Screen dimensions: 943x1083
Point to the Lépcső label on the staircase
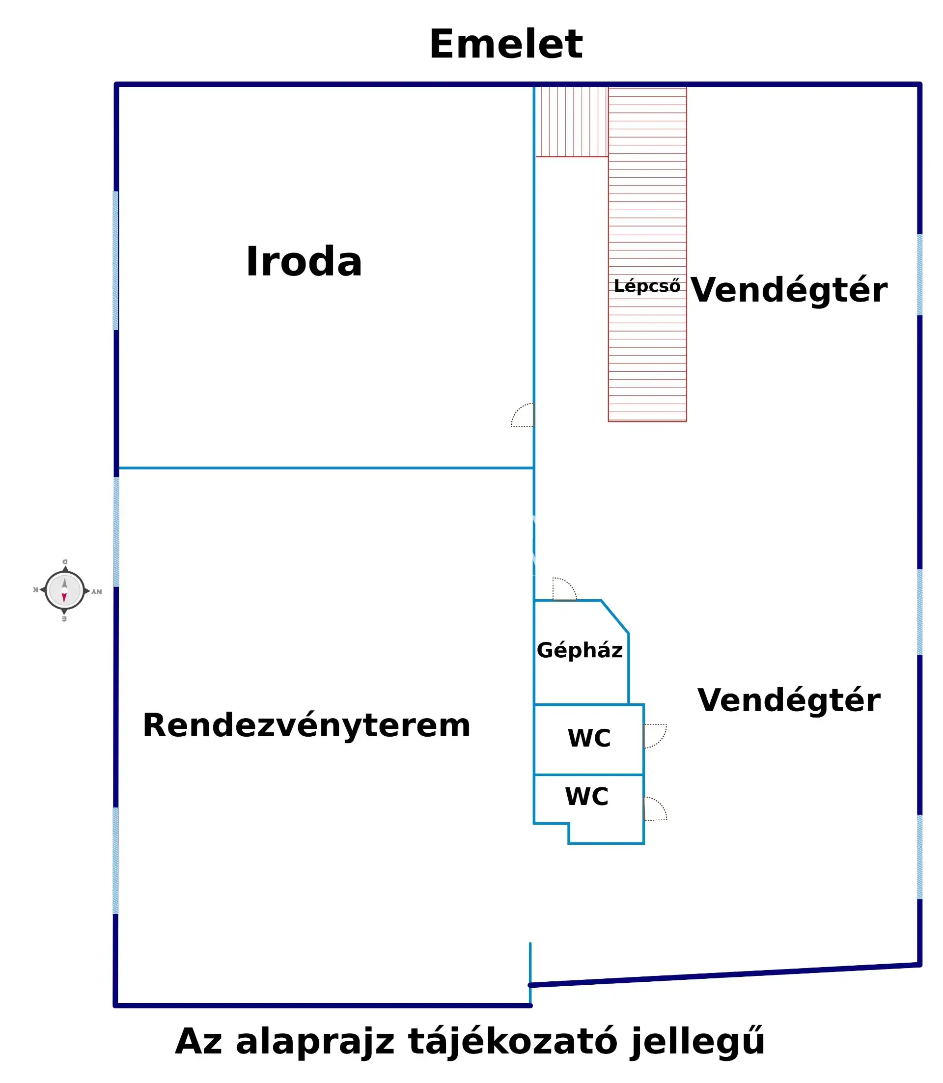(x=647, y=286)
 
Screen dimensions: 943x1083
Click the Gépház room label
(x=580, y=650)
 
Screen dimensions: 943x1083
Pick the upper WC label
(x=589, y=738)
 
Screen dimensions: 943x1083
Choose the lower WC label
(x=586, y=797)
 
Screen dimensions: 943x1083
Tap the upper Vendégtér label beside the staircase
(x=788, y=290)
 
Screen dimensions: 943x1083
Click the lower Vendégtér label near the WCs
(x=788, y=700)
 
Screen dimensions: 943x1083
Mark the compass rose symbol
(x=64, y=590)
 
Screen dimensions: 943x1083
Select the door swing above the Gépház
(x=564, y=589)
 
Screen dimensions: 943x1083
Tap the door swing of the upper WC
(x=655, y=736)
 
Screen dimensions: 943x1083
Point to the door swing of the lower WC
(x=655, y=809)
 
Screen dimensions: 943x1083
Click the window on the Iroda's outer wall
(x=116, y=261)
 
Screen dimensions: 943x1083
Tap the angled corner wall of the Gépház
(x=614, y=617)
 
